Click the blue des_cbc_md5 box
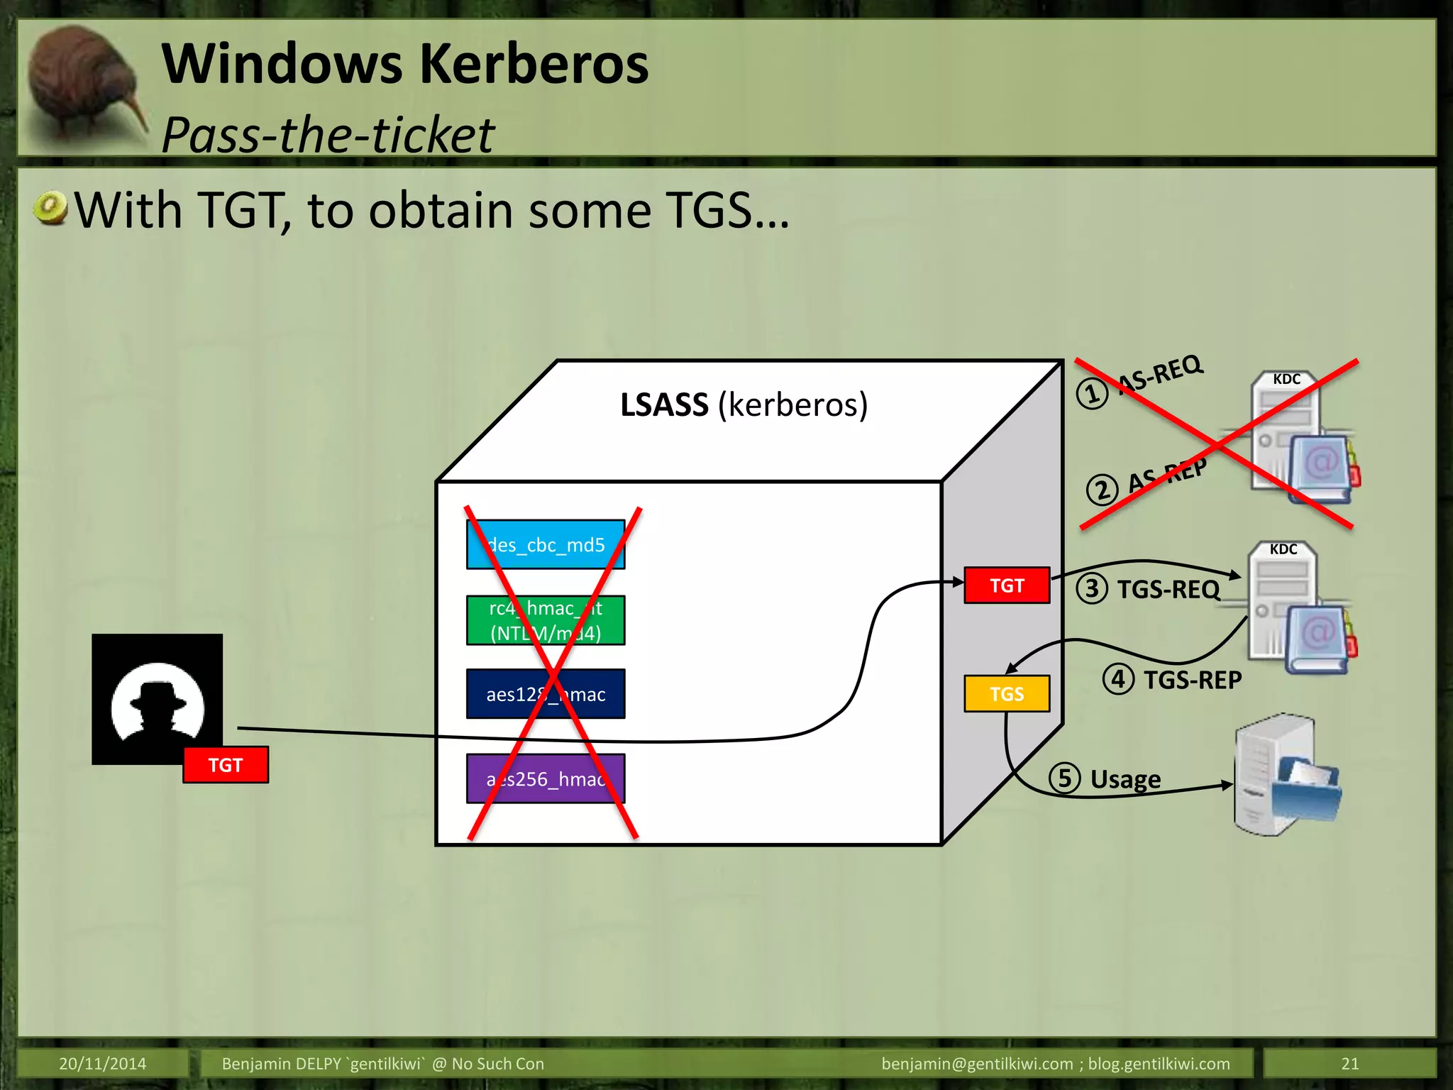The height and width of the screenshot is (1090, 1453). coord(545,544)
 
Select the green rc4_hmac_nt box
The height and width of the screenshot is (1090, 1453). coord(545,620)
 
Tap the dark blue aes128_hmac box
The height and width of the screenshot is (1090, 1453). coord(545,694)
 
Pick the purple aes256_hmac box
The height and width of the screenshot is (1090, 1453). coord(545,778)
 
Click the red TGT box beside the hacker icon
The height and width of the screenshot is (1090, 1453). coord(226,765)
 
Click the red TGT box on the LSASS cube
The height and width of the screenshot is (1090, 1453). coord(1006,585)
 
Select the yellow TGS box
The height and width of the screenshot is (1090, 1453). coord(1006,693)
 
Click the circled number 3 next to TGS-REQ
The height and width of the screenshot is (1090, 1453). coord(1092,588)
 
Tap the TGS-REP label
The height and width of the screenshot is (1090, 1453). coord(1193,680)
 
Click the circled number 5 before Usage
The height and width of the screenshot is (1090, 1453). coord(1064,778)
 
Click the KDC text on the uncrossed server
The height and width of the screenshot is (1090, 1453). coord(1283,549)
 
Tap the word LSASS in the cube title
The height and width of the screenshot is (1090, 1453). coord(664,405)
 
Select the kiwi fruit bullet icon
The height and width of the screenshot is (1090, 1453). coord(50,209)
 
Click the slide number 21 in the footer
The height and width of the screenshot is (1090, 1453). coord(1349,1063)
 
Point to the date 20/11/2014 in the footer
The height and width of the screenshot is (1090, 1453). coord(102,1063)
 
